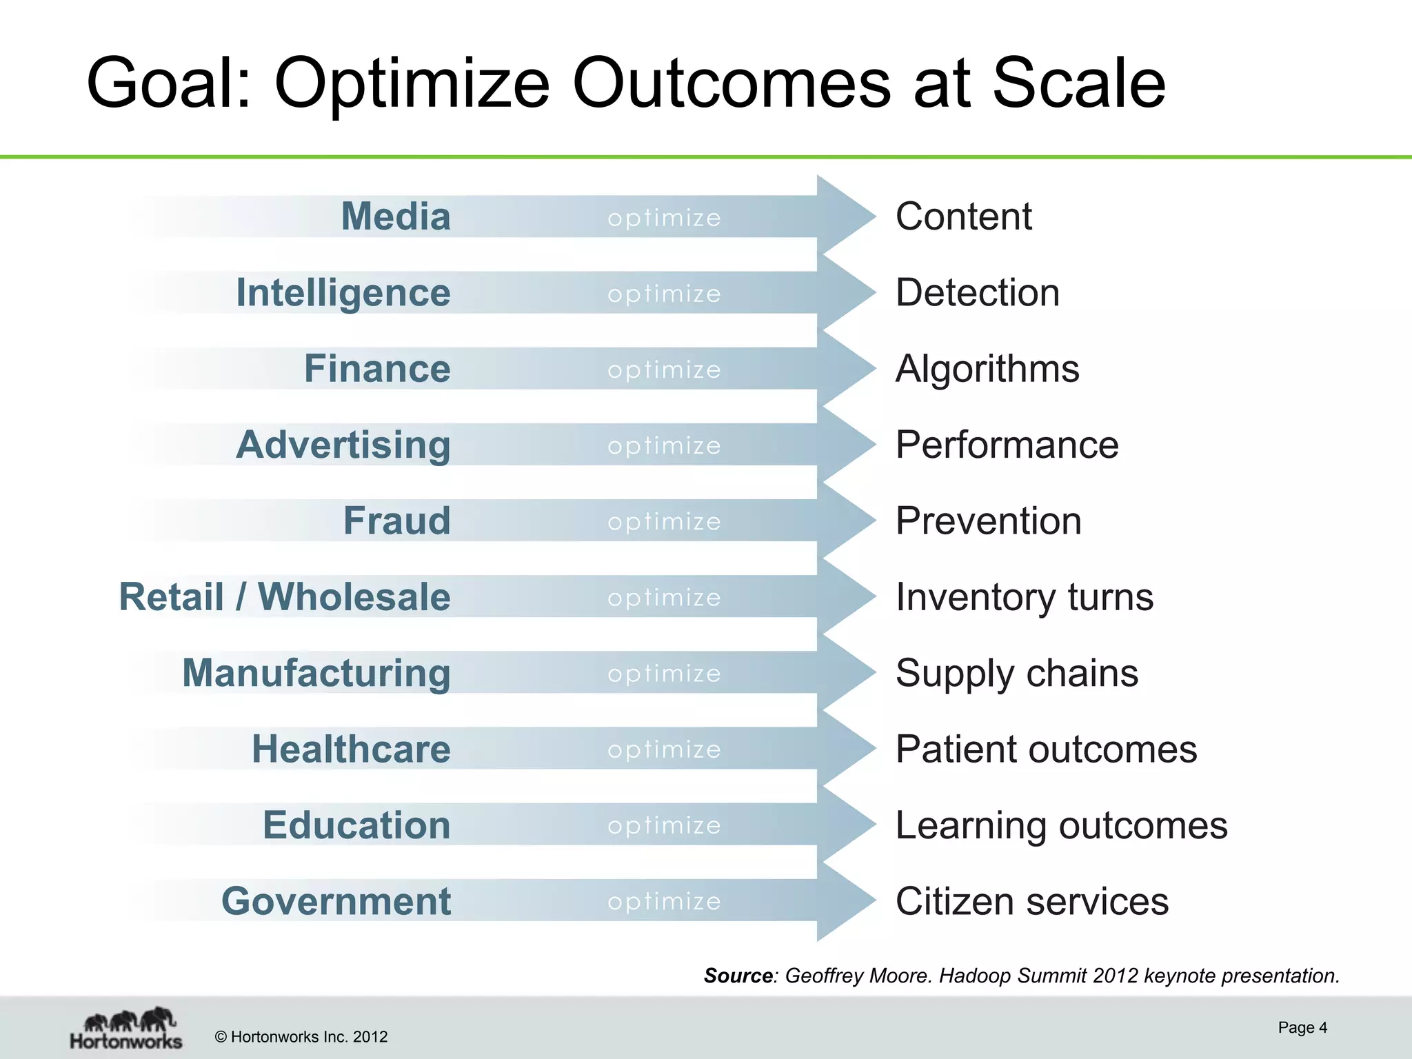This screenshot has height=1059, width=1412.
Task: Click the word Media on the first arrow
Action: (396, 216)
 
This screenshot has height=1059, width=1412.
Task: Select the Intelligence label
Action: (343, 293)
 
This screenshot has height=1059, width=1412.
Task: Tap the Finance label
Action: (377, 369)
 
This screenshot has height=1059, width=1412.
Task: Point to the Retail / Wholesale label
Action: (285, 596)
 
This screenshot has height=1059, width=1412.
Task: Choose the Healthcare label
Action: (351, 749)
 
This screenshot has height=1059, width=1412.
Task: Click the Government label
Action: (336, 901)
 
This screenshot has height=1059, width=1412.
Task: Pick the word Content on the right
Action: (964, 216)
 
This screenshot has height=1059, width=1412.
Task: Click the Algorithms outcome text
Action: (987, 369)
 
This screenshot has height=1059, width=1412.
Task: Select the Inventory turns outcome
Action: (1025, 597)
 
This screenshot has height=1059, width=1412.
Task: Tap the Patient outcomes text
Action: (1047, 749)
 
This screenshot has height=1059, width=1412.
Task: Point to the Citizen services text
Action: (1032, 901)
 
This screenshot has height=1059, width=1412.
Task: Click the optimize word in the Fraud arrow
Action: (664, 522)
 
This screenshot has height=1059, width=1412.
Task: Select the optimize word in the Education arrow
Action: (664, 826)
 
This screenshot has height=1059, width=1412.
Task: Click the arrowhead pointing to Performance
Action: (845, 445)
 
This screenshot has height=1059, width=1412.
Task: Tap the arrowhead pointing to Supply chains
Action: (845, 672)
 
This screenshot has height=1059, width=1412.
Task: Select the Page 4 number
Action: (1302, 1027)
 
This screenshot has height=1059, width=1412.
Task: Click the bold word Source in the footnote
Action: (738, 976)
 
